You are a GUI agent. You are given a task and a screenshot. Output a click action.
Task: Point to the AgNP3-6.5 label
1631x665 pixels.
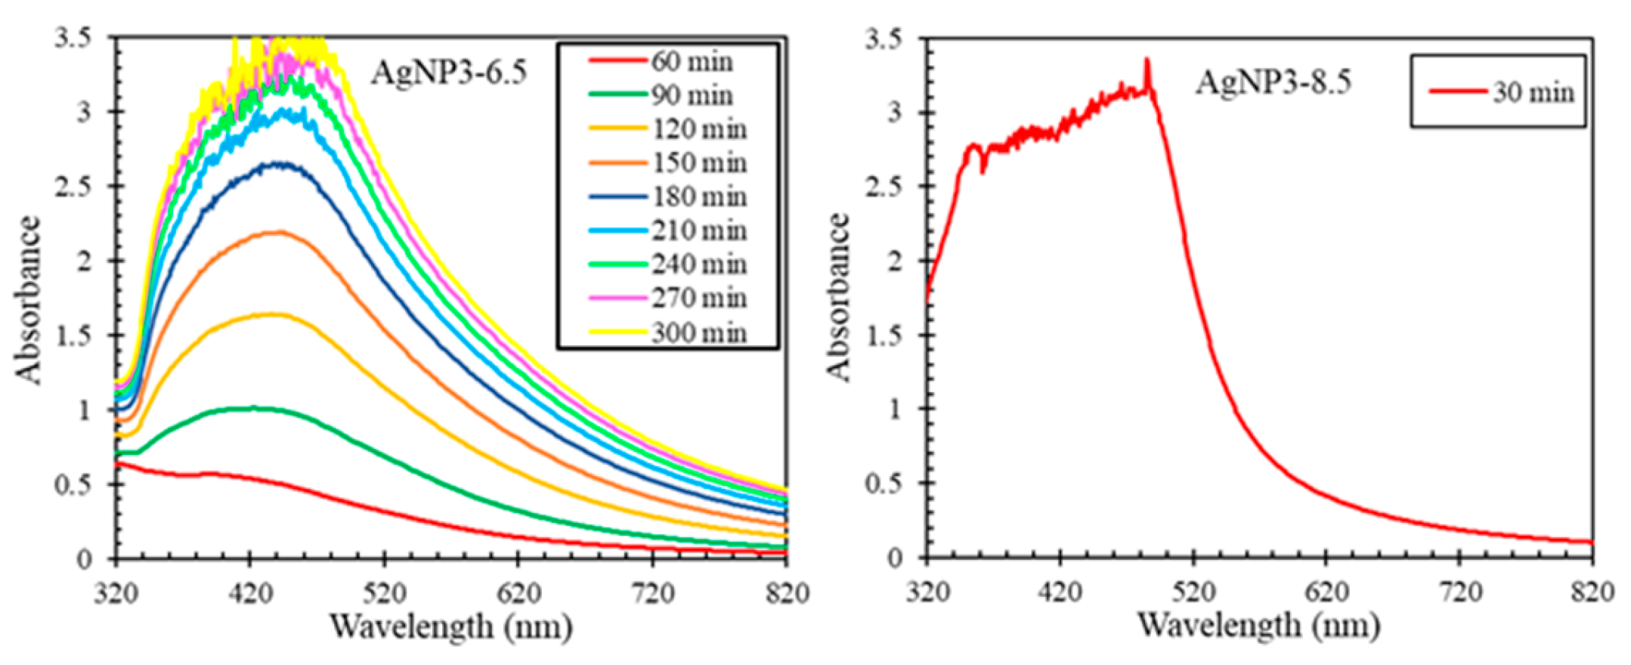point(448,73)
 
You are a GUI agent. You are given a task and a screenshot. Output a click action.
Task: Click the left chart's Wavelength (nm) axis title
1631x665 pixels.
point(450,626)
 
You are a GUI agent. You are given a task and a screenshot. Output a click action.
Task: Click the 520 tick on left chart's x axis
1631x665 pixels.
point(384,593)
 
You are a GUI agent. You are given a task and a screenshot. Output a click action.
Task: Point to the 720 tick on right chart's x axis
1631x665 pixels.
point(1459,592)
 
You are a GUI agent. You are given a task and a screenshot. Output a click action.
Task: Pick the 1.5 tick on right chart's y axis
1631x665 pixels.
point(884,336)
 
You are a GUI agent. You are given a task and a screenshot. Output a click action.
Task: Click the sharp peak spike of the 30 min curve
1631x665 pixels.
point(1147,60)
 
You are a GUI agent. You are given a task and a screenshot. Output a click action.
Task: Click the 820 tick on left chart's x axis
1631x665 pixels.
point(787,593)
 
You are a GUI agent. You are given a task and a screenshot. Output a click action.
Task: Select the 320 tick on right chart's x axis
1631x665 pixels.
point(927,592)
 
